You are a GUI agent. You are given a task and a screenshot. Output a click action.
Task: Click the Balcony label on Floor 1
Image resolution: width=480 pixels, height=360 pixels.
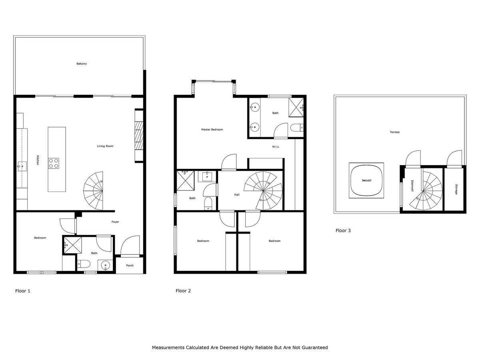(82, 64)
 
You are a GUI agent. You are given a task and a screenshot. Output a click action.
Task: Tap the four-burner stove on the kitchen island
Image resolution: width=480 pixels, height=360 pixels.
(54, 163)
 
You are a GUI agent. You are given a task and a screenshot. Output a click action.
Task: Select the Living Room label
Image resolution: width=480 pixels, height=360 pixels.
(105, 146)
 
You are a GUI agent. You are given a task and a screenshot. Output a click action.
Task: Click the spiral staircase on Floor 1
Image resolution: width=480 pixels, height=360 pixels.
(94, 190)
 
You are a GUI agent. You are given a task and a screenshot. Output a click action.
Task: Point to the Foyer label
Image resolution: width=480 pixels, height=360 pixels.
(115, 222)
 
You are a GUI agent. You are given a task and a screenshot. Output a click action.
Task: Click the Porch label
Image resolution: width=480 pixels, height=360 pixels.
(130, 265)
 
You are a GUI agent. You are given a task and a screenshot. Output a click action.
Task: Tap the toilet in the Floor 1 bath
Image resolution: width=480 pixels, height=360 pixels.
(82, 264)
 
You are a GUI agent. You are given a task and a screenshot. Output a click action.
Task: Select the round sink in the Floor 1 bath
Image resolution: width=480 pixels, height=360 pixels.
(106, 265)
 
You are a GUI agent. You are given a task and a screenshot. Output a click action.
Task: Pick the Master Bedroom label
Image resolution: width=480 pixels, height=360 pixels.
(212, 130)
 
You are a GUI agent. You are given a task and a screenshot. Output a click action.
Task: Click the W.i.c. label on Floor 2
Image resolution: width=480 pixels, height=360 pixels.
(276, 147)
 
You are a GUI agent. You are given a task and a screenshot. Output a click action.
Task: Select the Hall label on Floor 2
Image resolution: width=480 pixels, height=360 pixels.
(237, 195)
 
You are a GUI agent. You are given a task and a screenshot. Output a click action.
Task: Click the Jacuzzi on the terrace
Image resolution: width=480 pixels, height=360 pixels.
(366, 180)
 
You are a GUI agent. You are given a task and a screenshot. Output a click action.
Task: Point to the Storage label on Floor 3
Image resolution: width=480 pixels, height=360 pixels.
(456, 189)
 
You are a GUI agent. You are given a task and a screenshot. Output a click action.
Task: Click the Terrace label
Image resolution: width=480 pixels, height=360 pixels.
(395, 132)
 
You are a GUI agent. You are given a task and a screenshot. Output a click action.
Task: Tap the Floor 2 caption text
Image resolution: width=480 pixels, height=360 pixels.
(183, 291)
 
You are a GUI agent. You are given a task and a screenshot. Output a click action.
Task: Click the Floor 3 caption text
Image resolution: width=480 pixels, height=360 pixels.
(343, 230)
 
